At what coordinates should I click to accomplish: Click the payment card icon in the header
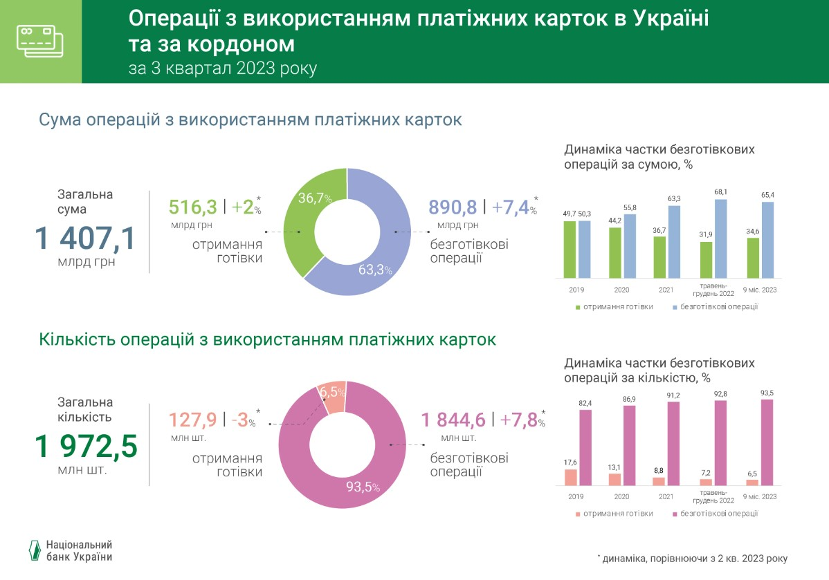[39, 42]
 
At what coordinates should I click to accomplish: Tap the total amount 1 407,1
[85, 238]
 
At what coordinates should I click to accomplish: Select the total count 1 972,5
[86, 447]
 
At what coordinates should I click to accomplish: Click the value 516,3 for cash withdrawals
[193, 207]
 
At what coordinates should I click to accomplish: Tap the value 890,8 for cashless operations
[453, 207]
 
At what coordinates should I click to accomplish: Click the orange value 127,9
[193, 420]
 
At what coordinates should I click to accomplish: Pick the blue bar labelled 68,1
[721, 238]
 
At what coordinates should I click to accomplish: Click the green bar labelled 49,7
[570, 249]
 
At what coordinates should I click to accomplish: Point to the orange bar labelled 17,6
[570, 478]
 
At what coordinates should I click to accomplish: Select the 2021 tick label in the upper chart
[666, 290]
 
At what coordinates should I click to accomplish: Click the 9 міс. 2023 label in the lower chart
[760, 496]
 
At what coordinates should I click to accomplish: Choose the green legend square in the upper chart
[578, 306]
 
